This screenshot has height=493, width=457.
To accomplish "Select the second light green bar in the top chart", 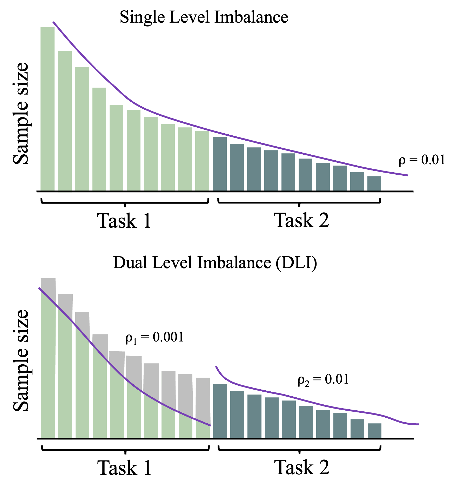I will (65, 121).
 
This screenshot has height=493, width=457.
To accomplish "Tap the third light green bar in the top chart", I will (82, 129).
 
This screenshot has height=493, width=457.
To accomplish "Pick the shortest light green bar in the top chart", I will (202, 160).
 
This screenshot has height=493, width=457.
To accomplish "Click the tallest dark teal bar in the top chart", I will (220, 164).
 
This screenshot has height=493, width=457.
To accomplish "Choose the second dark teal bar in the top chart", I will (237, 167).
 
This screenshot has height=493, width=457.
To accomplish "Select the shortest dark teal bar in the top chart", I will (374, 183).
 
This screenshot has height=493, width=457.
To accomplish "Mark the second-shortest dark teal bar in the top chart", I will (357, 181).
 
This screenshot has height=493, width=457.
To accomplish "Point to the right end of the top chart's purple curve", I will (407, 175).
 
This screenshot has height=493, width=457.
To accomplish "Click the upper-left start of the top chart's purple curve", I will (53, 22).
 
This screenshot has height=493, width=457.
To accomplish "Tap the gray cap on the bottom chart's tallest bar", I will (48, 288).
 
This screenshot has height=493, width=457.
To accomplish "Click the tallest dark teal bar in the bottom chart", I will (220, 411).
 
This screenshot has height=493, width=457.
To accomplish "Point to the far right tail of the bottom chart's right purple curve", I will (419, 424).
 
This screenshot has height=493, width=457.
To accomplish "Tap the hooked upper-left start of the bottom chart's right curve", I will (216, 366).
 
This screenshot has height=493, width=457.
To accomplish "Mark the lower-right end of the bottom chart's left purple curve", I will (210, 425).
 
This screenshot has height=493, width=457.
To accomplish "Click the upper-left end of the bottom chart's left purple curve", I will (39, 288).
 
